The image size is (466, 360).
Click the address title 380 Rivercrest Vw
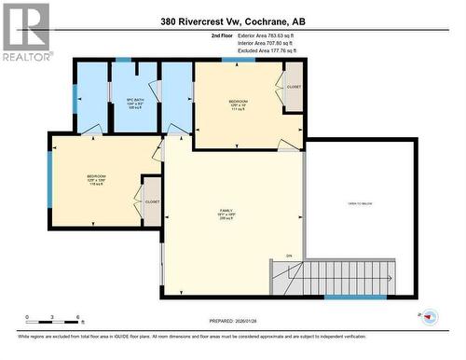pos(232,21)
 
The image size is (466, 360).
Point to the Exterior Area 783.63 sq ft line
pos(273,35)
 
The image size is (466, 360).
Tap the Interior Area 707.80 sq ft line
pos(272,43)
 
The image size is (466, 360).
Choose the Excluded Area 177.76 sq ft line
pos(273,50)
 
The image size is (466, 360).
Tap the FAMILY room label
pos(225,215)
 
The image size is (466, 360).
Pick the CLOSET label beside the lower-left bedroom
pos(153,201)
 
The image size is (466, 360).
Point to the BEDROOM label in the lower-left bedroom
pos(97,177)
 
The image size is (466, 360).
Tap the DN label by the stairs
pos(289,255)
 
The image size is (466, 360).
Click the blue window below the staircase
pos(354,298)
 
